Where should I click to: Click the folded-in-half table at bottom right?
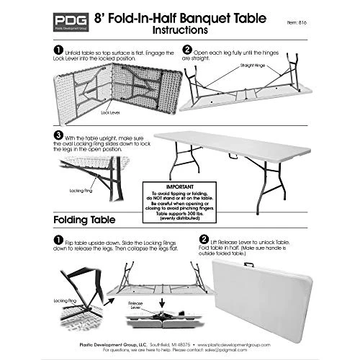tap(284, 292)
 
